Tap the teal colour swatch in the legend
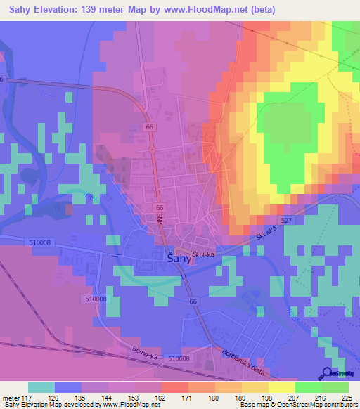pos(41,387)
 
